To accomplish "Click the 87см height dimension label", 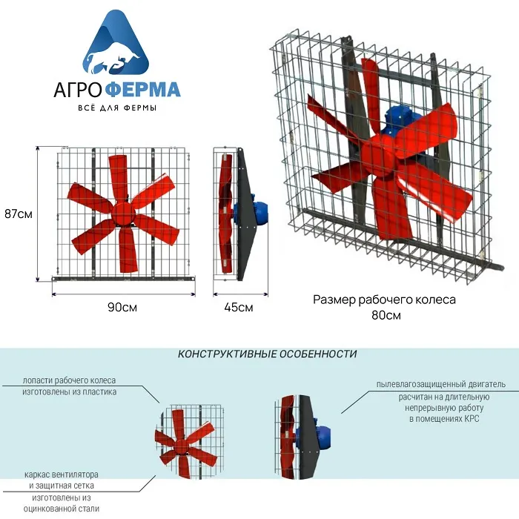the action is (x=19, y=214).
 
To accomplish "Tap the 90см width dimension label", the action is (x=122, y=308).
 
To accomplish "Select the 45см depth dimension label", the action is (x=239, y=308).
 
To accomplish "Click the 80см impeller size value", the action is (x=386, y=315).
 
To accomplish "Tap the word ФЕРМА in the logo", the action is (x=145, y=90).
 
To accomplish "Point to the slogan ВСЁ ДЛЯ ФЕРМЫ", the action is (x=117, y=108).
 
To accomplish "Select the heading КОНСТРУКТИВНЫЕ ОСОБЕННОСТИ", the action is (x=267, y=354).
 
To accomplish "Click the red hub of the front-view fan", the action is (x=123, y=214).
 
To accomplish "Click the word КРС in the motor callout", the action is (x=472, y=419).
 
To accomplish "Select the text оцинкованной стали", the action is (x=62, y=509).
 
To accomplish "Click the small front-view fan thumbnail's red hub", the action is (x=181, y=446).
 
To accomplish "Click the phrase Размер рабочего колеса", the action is (x=384, y=300).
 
